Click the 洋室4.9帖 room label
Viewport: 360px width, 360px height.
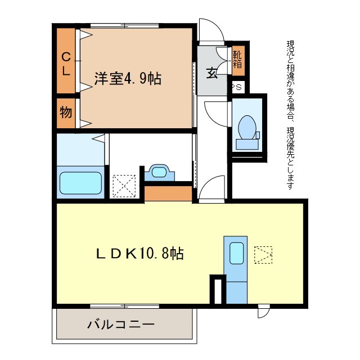coord(128,79)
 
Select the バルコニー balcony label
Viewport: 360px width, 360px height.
coord(120,325)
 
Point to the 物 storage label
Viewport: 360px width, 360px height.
coord(66,112)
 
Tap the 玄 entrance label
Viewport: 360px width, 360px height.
coord(211,73)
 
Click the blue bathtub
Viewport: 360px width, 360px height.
coord(80,182)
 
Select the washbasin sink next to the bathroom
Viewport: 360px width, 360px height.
coord(159,173)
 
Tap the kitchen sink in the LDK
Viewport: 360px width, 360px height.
coord(236,251)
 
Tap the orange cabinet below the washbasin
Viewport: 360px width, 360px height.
coord(168,193)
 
